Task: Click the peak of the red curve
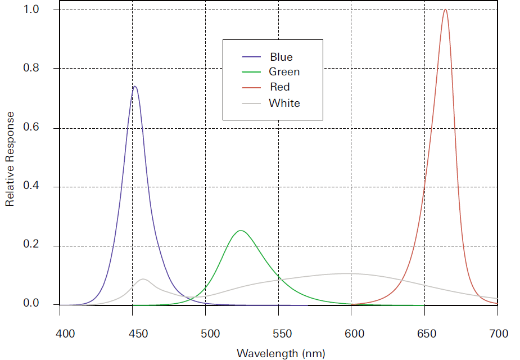pos(445,10)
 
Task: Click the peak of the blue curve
pos(135,87)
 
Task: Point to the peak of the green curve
pos(241,231)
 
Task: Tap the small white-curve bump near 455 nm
pos(143,279)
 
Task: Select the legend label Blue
pos(281,57)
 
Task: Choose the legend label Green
pos(284,72)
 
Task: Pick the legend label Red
pos(280,87)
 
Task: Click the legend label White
pos(284,103)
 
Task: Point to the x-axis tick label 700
pos(498,334)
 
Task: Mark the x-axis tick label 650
pos(425,334)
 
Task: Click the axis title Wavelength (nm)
pos(281,353)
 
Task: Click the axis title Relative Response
pos(10,159)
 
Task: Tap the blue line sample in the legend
pos(251,57)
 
